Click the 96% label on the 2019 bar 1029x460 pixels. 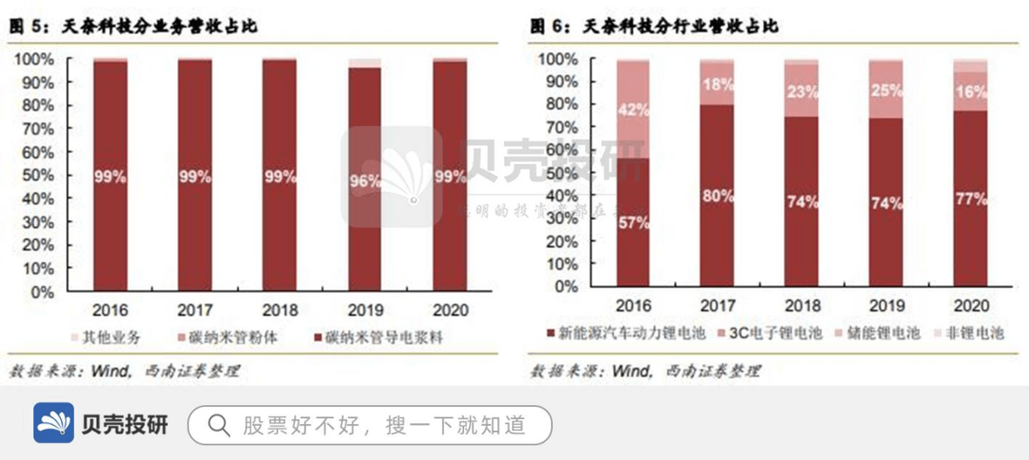pyautogui.click(x=364, y=181)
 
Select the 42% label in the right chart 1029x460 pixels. pyautogui.click(x=633, y=110)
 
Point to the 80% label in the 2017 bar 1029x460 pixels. pyautogui.click(x=717, y=196)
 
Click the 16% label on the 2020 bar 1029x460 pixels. pyautogui.click(x=970, y=93)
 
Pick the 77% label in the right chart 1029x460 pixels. pyautogui.click(x=970, y=198)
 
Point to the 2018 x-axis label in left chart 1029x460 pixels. pyautogui.click(x=280, y=310)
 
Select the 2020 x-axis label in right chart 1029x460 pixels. pyautogui.click(x=970, y=306)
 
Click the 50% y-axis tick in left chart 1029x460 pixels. pyautogui.click(x=35, y=175)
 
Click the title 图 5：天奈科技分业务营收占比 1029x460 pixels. pyautogui.click(x=134, y=27)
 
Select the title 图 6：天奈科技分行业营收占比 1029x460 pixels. pyautogui.click(x=654, y=27)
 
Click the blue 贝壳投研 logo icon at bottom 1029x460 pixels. pyautogui.click(x=53, y=423)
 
